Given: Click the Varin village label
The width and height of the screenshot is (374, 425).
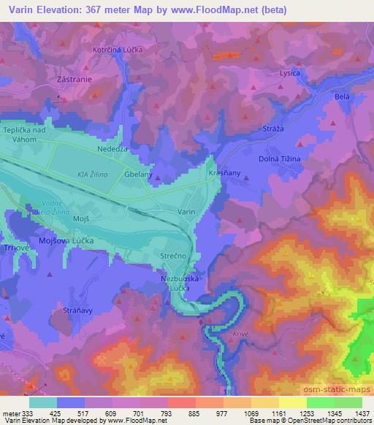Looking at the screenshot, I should pos(186,211).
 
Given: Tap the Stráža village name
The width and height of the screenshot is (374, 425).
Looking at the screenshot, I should pos(272,128).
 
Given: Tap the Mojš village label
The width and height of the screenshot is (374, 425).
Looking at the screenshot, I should pos(80,218).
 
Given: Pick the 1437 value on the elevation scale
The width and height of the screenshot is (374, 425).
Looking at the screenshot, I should pos(361,413).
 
